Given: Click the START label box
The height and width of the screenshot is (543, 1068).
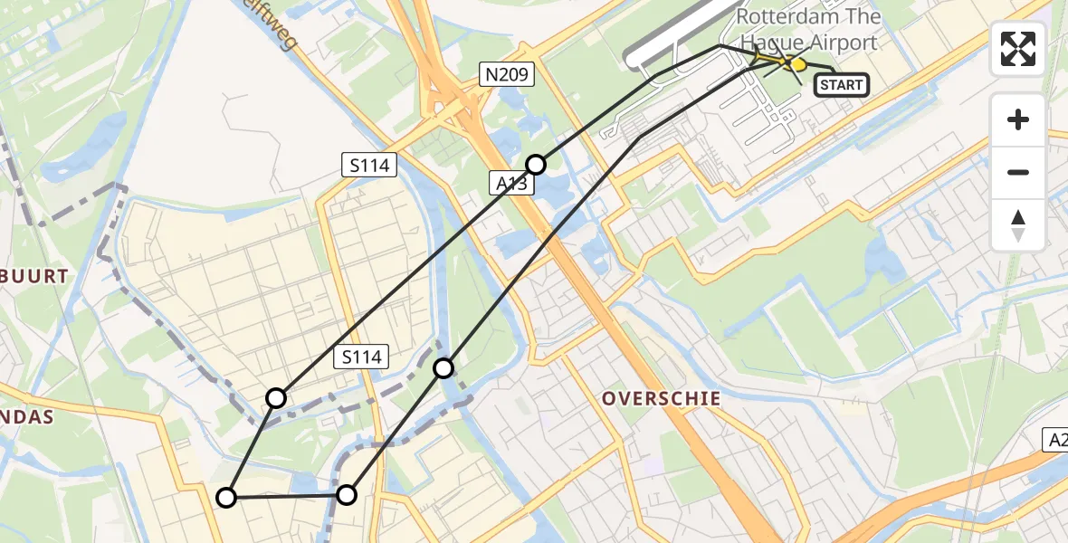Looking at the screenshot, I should point(842,85).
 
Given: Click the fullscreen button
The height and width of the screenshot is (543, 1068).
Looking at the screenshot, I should point(1018,48).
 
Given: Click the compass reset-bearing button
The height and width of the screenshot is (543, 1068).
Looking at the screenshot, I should point(1018,225).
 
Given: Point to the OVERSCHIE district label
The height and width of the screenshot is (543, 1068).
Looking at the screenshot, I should point(661,398).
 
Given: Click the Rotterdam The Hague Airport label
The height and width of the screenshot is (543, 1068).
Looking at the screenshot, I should point(807,29).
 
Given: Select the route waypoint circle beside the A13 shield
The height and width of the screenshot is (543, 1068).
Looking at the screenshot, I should point(536,164).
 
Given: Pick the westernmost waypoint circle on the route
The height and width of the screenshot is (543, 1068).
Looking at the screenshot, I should point(226,497).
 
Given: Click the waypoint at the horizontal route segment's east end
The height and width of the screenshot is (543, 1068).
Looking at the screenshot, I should point(347,494).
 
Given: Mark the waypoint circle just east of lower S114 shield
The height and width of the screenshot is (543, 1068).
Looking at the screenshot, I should point(443,367).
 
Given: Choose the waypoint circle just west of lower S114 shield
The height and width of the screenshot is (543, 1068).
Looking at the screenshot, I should point(276,397).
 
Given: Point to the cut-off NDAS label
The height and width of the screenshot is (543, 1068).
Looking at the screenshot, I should point(27,416).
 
